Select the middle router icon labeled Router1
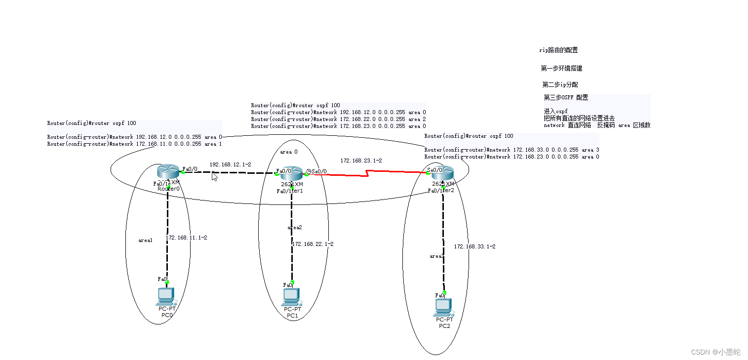(x=292, y=173)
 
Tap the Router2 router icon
(x=442, y=173)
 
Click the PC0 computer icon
(x=165, y=296)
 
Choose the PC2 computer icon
(x=443, y=307)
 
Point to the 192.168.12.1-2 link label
(x=230, y=164)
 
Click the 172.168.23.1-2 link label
(x=361, y=160)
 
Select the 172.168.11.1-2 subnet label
(x=186, y=238)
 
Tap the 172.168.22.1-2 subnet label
(x=313, y=244)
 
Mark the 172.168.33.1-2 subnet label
(x=474, y=246)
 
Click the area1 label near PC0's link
(x=145, y=240)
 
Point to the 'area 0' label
(x=289, y=152)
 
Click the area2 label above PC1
(x=295, y=227)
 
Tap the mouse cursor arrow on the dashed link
(x=214, y=176)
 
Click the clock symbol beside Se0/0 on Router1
(x=308, y=171)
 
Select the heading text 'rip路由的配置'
(x=558, y=50)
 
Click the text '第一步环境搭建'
(x=561, y=68)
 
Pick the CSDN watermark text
(x=715, y=352)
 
